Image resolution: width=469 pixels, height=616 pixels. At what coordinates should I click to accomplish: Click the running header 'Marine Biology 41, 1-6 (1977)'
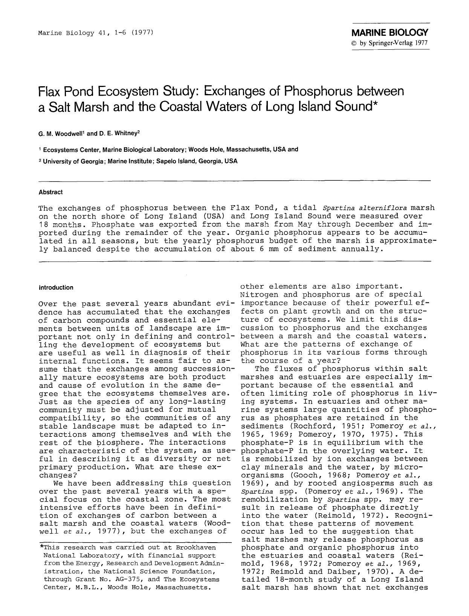click(x=95, y=32)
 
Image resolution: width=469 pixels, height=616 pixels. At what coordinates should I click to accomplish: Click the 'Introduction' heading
click(x=56, y=288)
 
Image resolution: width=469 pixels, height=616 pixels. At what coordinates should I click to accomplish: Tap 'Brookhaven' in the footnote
click(x=196, y=547)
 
